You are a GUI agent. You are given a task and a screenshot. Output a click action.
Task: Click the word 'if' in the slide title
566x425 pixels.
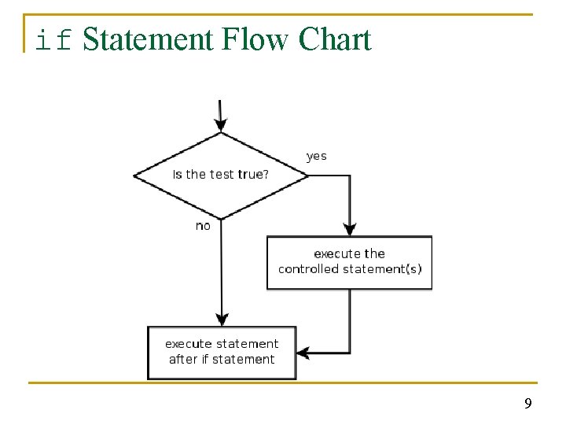click(x=54, y=39)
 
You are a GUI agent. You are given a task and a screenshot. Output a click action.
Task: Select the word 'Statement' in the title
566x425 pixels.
click(x=147, y=39)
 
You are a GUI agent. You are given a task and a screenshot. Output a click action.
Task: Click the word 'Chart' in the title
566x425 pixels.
click(x=334, y=39)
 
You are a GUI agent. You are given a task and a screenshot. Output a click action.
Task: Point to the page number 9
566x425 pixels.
click(x=527, y=404)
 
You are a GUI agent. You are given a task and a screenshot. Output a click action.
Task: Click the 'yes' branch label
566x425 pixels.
click(x=316, y=156)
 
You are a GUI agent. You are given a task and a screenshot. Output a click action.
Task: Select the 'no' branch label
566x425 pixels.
click(x=203, y=226)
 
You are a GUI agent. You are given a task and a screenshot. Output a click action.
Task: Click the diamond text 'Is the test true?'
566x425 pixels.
click(x=220, y=175)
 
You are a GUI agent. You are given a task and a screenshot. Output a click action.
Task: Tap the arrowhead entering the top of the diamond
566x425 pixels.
click(x=221, y=124)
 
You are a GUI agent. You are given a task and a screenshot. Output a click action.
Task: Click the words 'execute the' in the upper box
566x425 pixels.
click(x=349, y=253)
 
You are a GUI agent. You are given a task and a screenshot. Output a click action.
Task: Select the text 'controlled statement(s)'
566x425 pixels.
click(x=349, y=269)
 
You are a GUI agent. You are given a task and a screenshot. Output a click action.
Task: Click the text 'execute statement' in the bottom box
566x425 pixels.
click(x=222, y=344)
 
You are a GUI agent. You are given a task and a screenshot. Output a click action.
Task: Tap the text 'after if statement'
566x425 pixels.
click(x=222, y=360)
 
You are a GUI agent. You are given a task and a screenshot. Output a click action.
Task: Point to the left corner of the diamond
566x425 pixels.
click(x=135, y=176)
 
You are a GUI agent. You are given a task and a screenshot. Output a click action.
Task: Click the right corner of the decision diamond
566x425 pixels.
click(x=308, y=176)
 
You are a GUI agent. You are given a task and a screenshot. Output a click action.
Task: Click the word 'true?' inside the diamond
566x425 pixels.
click(x=253, y=175)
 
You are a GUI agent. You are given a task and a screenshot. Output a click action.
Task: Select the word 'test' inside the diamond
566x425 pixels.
click(x=222, y=175)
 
